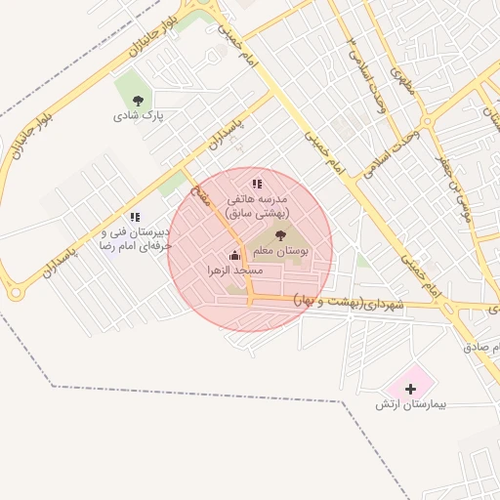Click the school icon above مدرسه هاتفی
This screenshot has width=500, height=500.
(257, 184)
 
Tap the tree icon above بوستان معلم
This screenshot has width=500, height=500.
(281, 235)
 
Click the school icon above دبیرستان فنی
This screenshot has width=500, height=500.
(135, 217)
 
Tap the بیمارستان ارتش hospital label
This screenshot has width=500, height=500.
(409, 403)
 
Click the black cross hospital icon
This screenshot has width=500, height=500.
(409, 389)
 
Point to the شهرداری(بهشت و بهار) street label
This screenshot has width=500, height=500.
(347, 303)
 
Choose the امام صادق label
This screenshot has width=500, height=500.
(482, 347)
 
